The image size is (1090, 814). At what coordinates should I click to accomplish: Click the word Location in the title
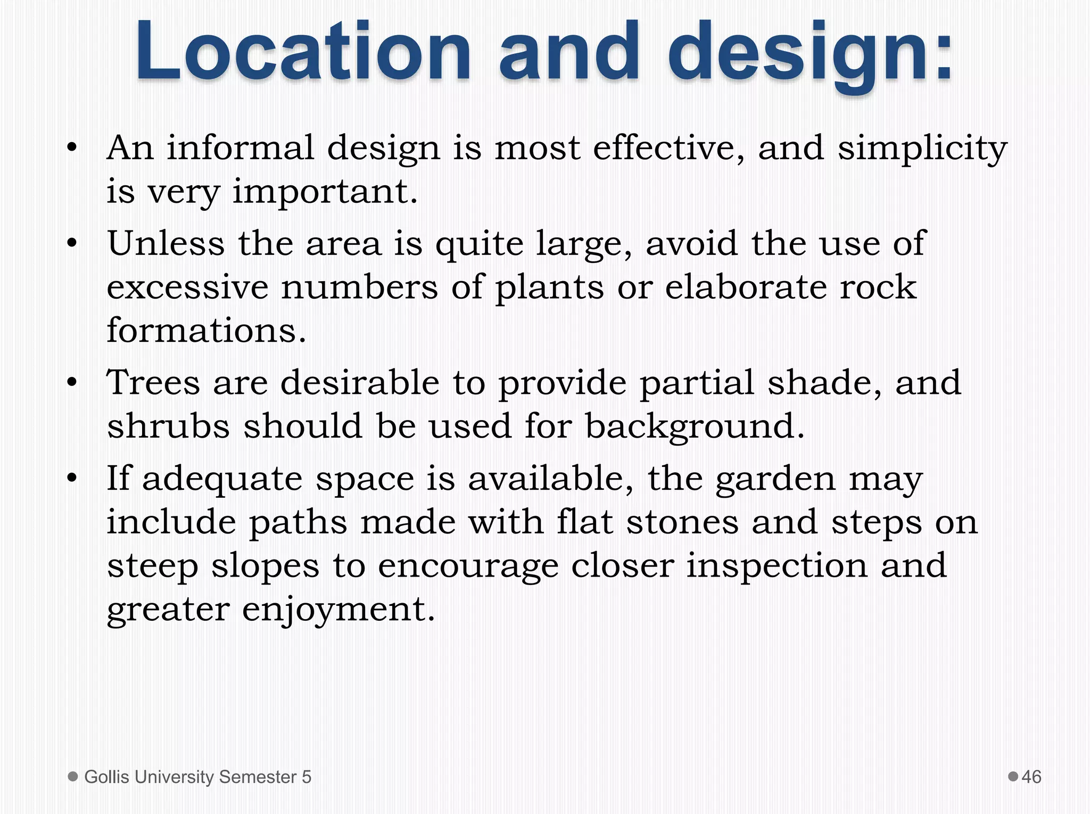coord(303,52)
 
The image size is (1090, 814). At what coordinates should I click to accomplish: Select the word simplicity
coord(922,149)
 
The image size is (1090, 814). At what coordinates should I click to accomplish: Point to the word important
coord(325,192)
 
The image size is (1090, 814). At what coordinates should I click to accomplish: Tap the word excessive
coord(187,287)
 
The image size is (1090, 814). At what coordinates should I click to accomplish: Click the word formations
coord(207,330)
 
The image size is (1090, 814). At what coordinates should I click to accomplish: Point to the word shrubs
coord(168,426)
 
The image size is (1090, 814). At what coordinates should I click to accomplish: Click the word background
coord(695,427)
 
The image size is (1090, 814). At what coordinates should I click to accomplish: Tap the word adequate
coord(222,479)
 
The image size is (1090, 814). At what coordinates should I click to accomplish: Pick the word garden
coord(775,479)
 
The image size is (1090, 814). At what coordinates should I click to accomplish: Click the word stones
coord(682,522)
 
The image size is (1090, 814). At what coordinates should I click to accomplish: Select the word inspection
coord(777,566)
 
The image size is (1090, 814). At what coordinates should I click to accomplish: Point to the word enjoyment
coord(338,610)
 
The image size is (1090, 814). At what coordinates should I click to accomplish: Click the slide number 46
coord(1031,777)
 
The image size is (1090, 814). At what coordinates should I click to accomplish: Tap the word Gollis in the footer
coord(107,777)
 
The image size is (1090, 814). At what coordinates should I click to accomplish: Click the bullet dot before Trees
coord(72,382)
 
